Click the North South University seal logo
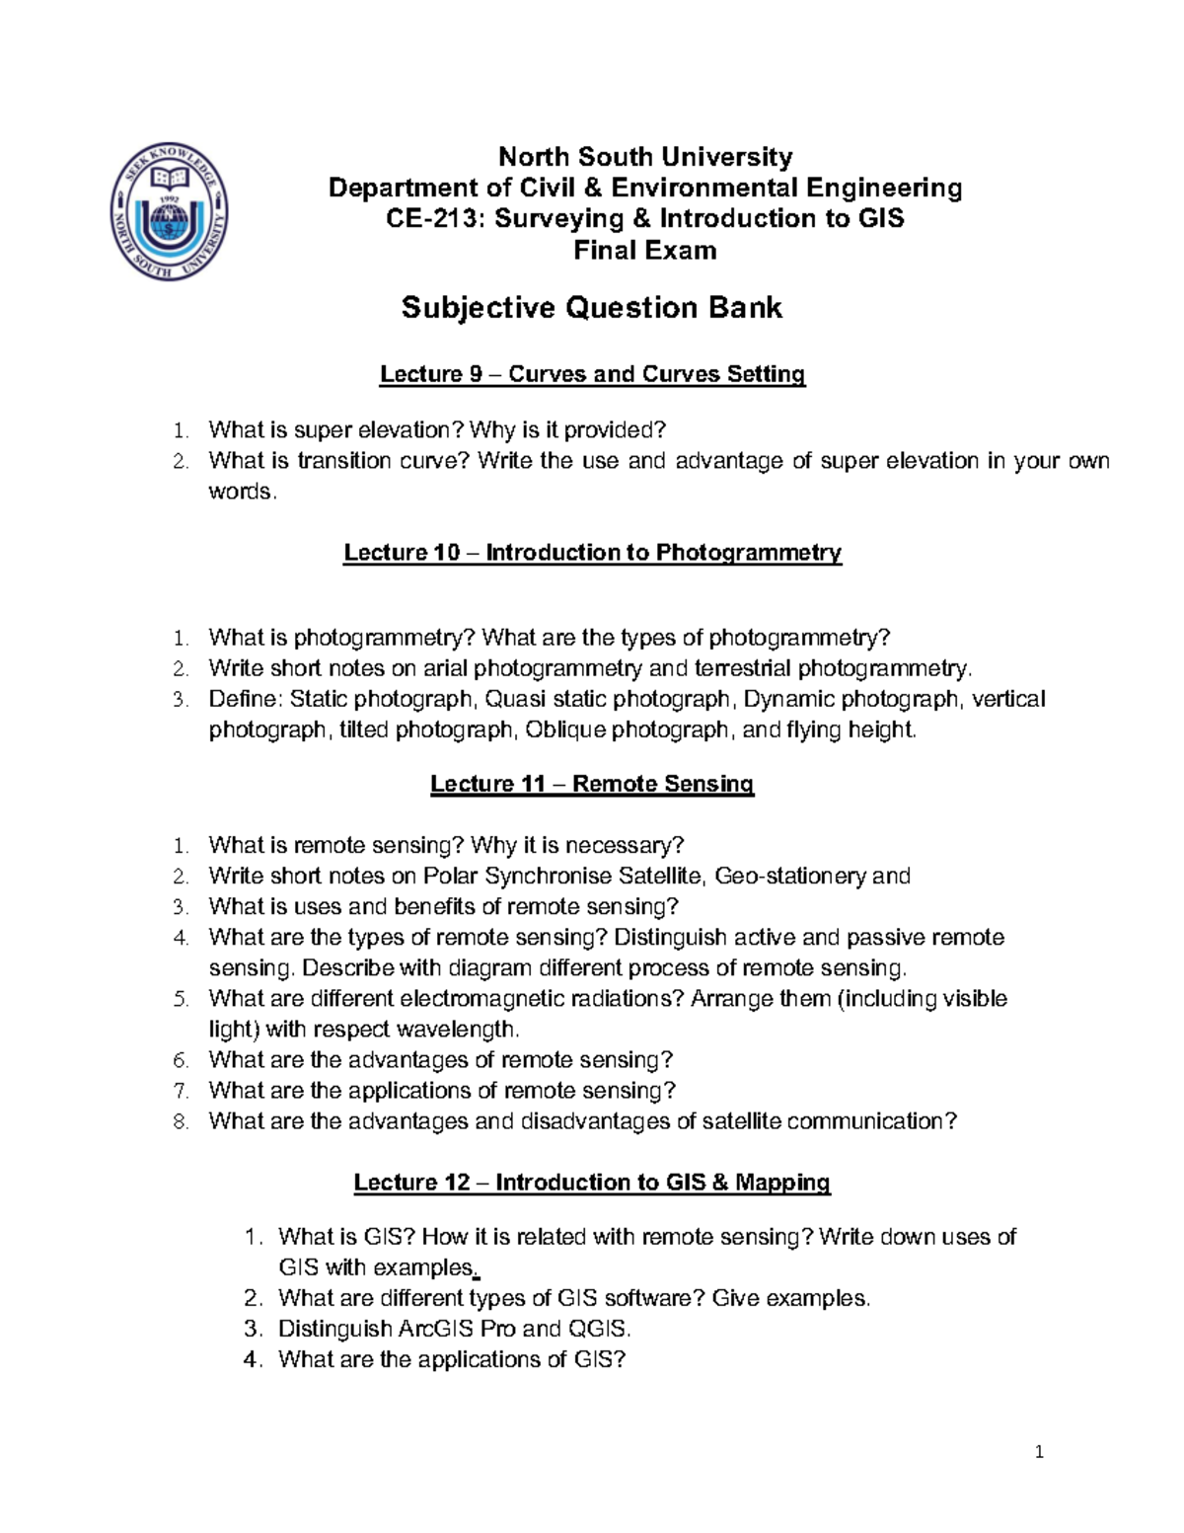click(170, 210)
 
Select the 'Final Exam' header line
click(645, 250)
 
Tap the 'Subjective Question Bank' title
click(591, 308)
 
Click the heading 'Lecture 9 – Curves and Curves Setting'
click(592, 374)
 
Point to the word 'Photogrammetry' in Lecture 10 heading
click(748, 553)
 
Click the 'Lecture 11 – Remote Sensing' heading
click(592, 784)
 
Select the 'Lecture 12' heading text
click(411, 1183)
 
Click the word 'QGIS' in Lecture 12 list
click(599, 1329)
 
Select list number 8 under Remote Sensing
click(180, 1122)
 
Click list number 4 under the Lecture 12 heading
click(253, 1360)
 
